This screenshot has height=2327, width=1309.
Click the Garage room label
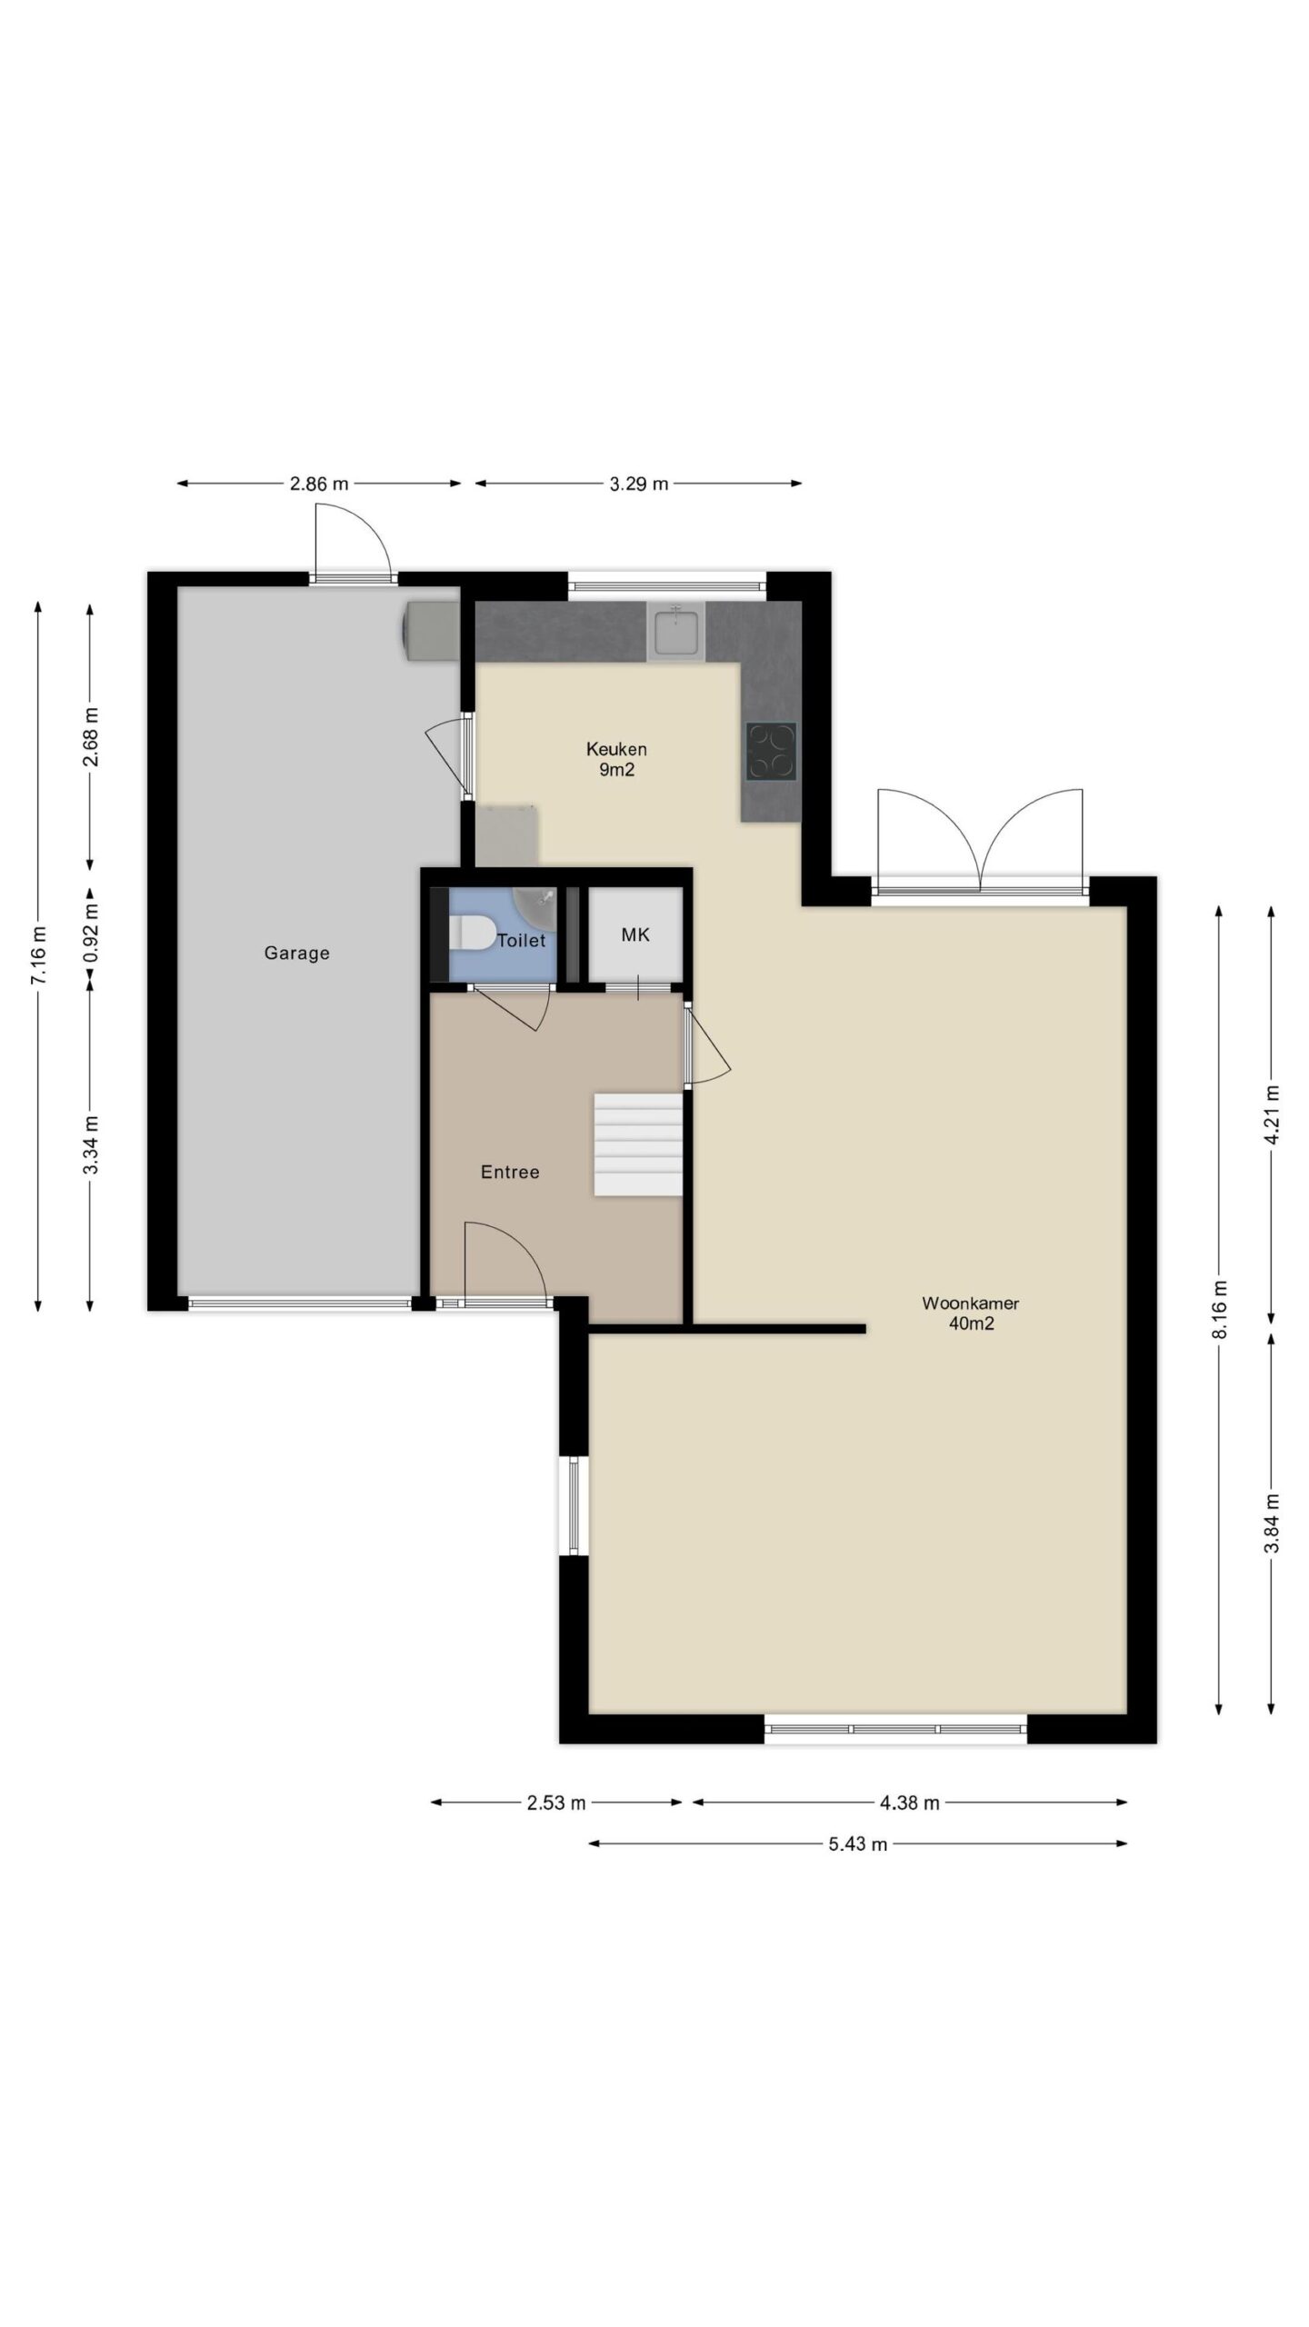click(x=296, y=954)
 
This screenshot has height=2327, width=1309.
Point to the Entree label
click(x=510, y=1173)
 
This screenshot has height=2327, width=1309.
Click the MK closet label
click(x=635, y=934)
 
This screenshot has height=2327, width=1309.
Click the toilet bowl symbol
click(x=472, y=934)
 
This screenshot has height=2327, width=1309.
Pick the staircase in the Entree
click(x=638, y=1144)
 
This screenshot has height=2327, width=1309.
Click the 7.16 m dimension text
click(x=37, y=954)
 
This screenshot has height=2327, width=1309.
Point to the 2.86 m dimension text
click(x=319, y=484)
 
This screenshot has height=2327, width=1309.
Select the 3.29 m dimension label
click(x=638, y=484)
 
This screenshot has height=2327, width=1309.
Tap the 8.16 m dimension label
click(x=1219, y=1309)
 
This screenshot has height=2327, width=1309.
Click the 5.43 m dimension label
click(x=857, y=1844)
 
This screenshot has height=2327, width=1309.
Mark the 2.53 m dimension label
click(x=556, y=1803)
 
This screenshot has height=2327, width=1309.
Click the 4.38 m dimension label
click(x=909, y=1803)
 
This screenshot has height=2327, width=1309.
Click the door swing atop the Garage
click(x=353, y=540)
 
